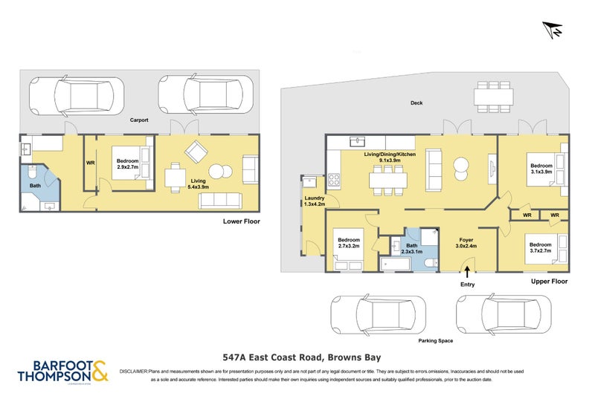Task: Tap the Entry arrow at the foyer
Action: [467, 271]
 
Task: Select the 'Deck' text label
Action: [416, 103]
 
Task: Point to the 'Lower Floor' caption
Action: [242, 221]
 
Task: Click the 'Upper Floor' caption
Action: [549, 282]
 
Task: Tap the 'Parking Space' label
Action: [435, 340]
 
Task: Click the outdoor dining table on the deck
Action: [494, 95]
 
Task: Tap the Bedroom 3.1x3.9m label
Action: [541, 169]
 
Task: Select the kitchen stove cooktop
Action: [334, 179]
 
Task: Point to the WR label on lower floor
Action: [91, 162]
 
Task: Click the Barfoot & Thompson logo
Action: [62, 371]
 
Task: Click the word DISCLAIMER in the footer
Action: [133, 369]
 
